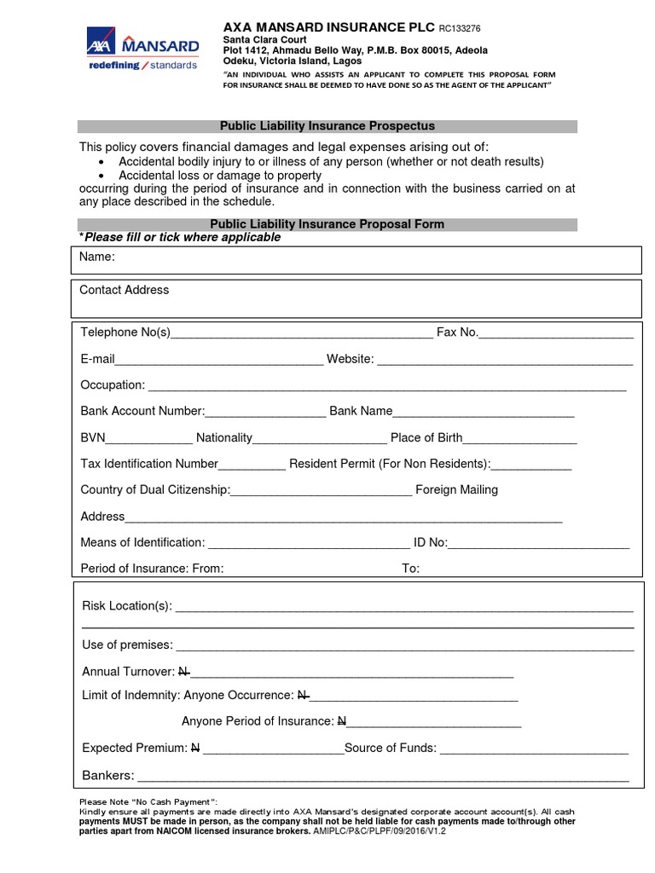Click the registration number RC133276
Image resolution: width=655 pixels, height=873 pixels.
472,27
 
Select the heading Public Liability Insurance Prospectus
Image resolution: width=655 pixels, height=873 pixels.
328,126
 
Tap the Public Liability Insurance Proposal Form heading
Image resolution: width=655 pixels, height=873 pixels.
328,224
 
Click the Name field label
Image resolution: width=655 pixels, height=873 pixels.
97,257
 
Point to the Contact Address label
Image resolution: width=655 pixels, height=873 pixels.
124,290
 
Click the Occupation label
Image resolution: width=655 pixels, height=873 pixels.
113,385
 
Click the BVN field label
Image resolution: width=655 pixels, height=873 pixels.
92,438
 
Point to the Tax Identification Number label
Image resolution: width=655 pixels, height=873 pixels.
149,465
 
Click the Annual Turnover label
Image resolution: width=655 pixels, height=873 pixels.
128,672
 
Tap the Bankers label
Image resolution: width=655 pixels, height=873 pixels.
107,776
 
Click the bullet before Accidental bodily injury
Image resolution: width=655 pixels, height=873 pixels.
101,162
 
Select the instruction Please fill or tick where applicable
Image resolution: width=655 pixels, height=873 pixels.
180,237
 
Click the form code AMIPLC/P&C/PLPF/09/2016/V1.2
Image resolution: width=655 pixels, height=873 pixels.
380,830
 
